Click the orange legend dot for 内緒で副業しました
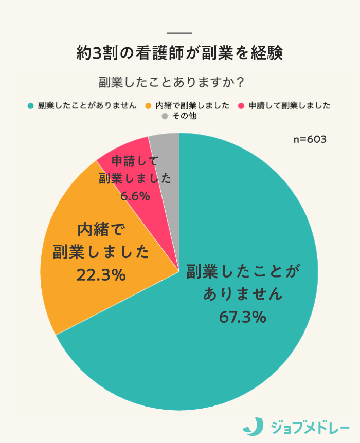tap(149, 106)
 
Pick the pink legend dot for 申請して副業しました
tap(240, 106)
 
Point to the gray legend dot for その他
tap(165, 117)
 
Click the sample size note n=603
tap(310, 140)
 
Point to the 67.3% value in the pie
tap(242, 317)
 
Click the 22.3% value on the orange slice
tap(101, 275)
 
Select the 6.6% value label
tap(135, 196)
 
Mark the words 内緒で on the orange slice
tap(101, 229)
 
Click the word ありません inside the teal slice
tap(243, 294)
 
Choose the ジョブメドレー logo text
tap(307, 426)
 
